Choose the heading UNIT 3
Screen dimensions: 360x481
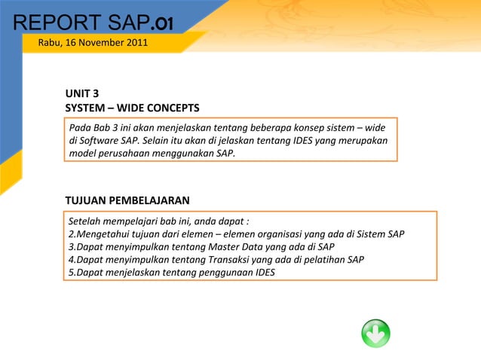81,94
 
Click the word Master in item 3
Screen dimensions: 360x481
213,247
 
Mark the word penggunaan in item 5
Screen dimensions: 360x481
225,273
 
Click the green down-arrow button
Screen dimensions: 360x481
375,333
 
